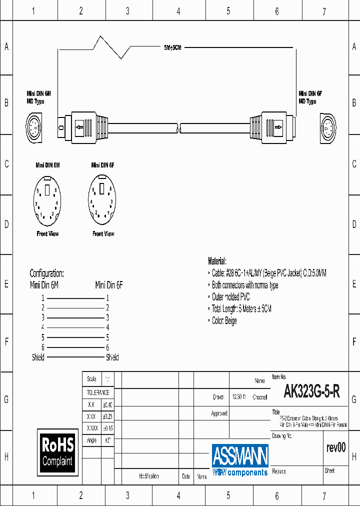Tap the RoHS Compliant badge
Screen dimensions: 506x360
tap(57, 451)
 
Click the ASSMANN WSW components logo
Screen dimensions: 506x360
tap(240, 459)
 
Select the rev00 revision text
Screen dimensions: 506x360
tap(335, 447)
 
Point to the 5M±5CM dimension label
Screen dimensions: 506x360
tap(172, 47)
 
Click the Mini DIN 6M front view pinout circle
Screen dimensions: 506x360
tap(47, 200)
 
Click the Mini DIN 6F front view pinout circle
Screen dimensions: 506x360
tap(102, 200)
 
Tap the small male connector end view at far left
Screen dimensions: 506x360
tap(34, 128)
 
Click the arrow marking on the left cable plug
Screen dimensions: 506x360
tap(79, 127)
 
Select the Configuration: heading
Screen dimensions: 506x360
tap(46, 273)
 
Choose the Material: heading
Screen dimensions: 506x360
tap(217, 261)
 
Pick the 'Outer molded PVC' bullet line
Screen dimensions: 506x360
tap(230, 297)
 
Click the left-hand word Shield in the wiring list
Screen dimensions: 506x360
tap(38, 357)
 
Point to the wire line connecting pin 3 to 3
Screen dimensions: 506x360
tap(75, 317)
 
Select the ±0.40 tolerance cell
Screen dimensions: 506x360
tap(107, 405)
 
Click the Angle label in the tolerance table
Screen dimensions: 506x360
tap(91, 440)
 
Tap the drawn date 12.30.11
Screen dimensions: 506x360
tap(238, 397)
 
